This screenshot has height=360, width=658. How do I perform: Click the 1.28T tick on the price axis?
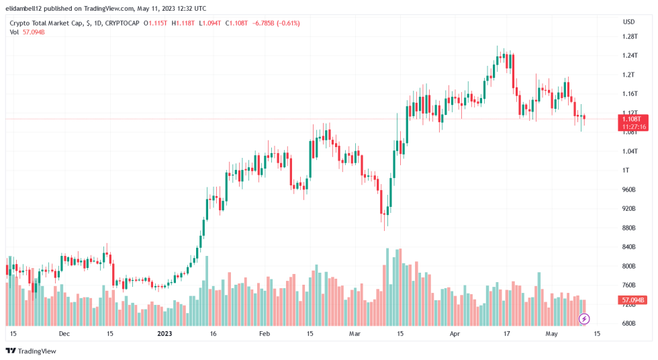628,36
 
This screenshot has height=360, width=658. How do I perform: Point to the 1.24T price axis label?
628,55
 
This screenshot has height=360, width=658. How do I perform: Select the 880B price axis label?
628,228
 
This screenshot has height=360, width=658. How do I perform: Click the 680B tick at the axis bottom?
628,324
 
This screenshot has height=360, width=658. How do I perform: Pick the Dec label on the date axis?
64,333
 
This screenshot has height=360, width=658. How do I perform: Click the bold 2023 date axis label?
165,333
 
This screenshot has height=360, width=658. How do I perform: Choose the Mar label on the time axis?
355,333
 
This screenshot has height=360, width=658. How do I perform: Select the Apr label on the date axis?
455,333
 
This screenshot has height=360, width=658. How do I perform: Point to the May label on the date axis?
552,333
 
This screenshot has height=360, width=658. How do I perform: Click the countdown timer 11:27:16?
634,126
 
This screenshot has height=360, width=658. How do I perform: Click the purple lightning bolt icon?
584,318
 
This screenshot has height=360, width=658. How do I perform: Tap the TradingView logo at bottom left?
32,351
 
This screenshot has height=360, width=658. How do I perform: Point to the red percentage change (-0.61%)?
286,23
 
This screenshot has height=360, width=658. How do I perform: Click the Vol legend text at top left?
14,32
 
